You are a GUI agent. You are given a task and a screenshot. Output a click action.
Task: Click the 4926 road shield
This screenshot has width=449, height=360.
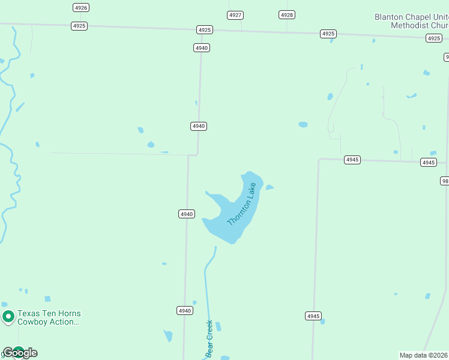coord(81,7)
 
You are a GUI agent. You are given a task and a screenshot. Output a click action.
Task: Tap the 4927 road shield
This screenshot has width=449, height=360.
coord(236,14)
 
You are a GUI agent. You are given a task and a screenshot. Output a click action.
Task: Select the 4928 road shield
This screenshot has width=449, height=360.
coord(287,14)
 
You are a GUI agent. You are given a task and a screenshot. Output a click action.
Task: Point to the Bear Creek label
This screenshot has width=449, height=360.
coord(209,339)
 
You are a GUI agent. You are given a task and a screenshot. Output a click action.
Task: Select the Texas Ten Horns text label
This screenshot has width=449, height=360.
coord(49,313)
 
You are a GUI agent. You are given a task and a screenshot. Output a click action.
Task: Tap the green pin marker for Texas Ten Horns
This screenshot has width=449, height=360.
coord(8,316)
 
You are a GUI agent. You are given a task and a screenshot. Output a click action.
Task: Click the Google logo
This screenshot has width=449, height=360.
coord(20,353)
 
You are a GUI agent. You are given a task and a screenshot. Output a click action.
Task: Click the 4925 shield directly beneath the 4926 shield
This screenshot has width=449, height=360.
coord(79,26)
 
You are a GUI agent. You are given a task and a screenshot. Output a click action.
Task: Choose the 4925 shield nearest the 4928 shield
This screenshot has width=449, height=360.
coord(328,34)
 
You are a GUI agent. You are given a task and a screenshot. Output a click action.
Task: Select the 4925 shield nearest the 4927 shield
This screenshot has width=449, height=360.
coord(205,29)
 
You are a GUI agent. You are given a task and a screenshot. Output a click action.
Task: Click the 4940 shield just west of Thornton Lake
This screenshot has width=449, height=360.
coord(187,214)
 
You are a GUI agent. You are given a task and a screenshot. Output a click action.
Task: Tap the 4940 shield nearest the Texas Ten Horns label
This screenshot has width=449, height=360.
coord(185,310)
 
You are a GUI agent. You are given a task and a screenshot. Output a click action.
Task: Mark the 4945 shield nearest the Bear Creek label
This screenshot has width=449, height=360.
coord(313,316)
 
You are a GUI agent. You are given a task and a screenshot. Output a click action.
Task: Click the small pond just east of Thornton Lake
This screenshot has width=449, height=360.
coord(270,187)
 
